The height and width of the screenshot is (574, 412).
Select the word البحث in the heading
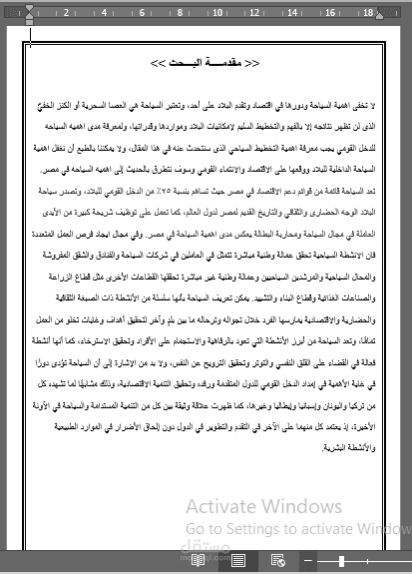point(187,63)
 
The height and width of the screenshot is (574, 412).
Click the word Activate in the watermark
point(218,507)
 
